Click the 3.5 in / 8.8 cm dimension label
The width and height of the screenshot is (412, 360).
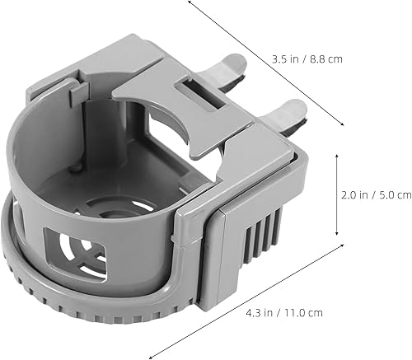pos(307,58)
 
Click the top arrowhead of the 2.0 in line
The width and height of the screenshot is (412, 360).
pos(338,153)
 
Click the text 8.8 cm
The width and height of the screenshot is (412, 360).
pos(325,58)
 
